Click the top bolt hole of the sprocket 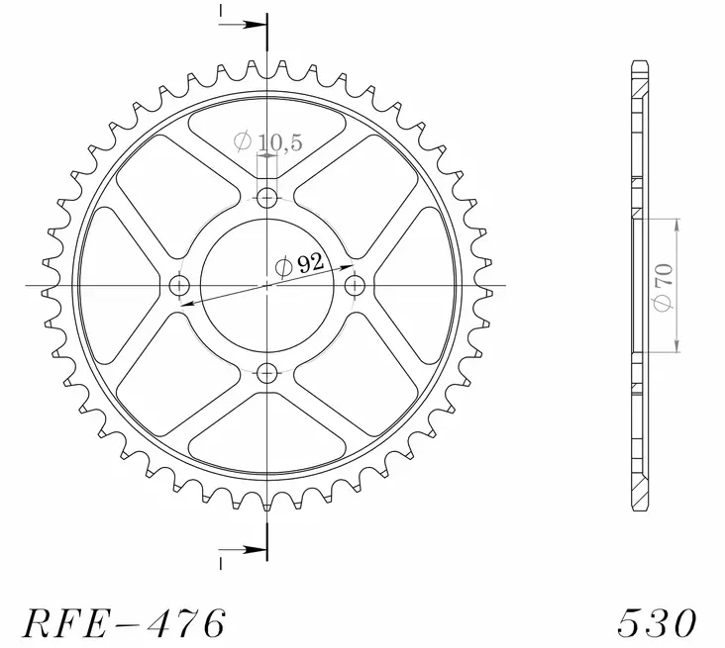point(267,198)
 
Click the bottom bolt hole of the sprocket point(267,373)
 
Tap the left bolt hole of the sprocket point(179,286)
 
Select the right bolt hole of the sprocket point(356,286)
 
